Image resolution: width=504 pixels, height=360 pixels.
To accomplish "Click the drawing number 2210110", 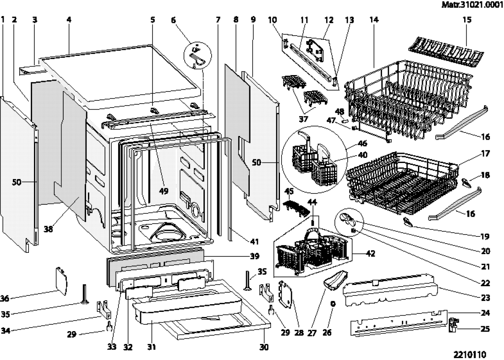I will click(x=471, y=354).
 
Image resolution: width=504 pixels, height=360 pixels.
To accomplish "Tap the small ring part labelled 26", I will click(x=333, y=304).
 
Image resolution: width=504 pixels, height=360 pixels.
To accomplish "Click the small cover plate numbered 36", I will click(x=61, y=278).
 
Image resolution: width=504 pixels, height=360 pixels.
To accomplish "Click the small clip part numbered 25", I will click(x=454, y=325).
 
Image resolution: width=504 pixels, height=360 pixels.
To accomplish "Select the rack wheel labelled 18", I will click(x=466, y=183).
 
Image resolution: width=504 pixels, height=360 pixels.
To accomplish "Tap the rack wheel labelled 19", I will click(x=408, y=222).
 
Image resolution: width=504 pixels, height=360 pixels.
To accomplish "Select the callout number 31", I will click(x=152, y=347).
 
